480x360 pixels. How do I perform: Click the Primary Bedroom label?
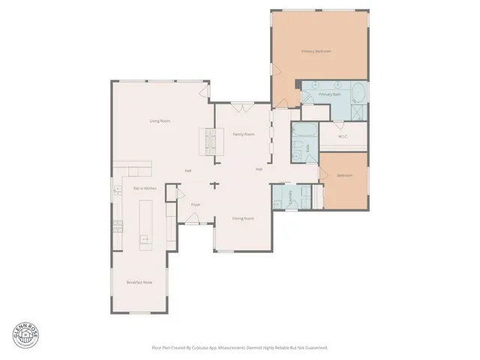316,51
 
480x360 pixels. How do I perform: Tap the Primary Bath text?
330,94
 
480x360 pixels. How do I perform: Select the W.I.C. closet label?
343,136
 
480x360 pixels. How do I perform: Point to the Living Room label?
159,121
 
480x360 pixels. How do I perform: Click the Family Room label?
243,134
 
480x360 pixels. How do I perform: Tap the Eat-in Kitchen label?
144,188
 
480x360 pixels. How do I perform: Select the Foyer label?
195,204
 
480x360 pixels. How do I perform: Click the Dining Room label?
242,218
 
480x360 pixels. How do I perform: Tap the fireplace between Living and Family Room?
210,139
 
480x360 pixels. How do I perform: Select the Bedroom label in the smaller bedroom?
344,175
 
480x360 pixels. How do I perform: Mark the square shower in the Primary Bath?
358,112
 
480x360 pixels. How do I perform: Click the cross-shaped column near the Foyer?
214,184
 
